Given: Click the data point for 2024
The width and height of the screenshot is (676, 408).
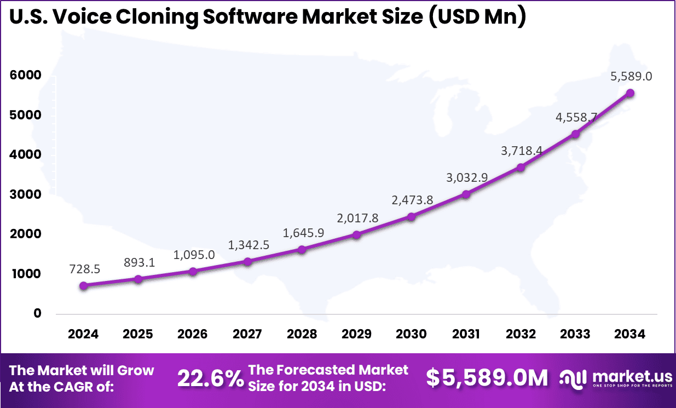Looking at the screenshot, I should (x=83, y=285).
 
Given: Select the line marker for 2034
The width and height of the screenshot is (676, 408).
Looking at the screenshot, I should (x=630, y=93).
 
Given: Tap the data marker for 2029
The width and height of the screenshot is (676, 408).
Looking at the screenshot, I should (x=356, y=235).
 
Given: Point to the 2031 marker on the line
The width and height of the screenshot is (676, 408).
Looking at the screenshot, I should (x=466, y=194).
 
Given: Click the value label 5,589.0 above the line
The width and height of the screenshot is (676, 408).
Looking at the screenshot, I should (x=631, y=76).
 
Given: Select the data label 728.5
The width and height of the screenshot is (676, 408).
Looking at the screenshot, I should (x=84, y=269).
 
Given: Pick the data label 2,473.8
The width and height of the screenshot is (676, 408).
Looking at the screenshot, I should (x=412, y=200).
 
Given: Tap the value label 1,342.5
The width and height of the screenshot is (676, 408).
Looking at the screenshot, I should (x=249, y=245).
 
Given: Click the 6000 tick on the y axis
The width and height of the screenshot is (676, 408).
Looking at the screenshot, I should (x=25, y=76).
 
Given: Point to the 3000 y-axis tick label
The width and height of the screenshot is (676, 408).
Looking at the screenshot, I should (x=25, y=194).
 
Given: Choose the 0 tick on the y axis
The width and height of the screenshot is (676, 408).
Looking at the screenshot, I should (x=37, y=313).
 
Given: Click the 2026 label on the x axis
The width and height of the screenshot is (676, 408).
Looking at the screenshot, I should (x=192, y=334).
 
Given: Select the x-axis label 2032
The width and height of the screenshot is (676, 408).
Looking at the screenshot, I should (x=521, y=334).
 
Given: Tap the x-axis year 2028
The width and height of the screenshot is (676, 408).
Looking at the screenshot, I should (x=302, y=334).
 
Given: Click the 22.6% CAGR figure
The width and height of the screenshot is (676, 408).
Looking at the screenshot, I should (x=210, y=378).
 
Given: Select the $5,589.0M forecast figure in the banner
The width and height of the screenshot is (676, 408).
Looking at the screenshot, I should (x=487, y=378).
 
